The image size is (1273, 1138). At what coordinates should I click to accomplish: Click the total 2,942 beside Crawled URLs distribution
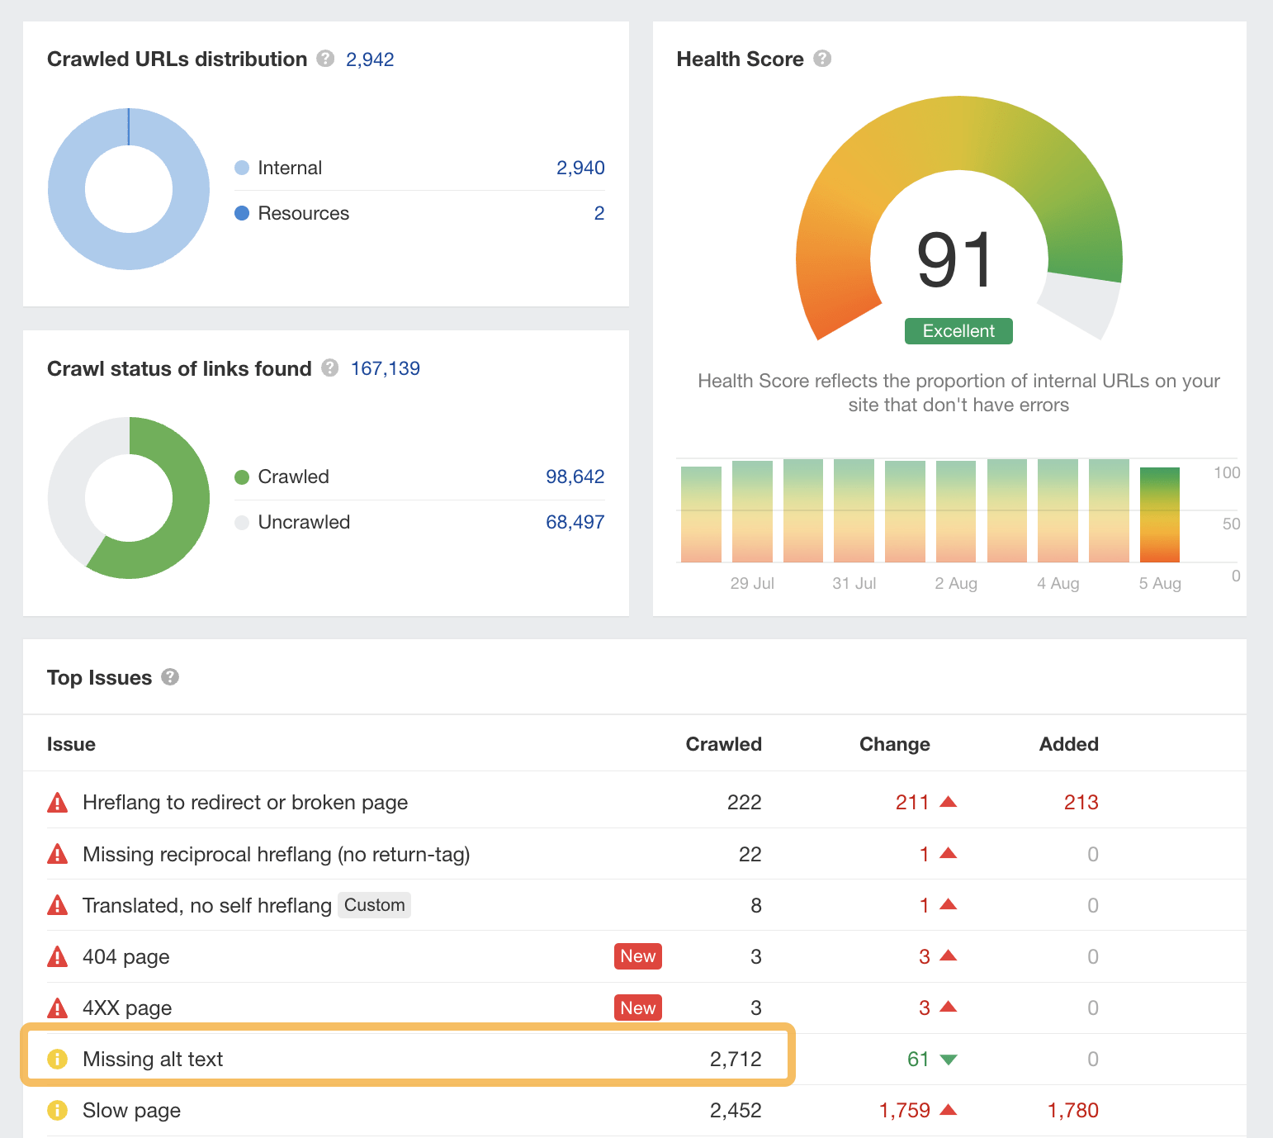[370, 59]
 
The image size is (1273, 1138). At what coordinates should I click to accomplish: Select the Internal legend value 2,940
[580, 168]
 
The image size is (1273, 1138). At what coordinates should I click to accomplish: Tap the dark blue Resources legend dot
[242, 213]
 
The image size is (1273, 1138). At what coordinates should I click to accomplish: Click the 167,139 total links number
[385, 368]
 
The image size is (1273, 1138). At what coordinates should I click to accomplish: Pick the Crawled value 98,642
[575, 477]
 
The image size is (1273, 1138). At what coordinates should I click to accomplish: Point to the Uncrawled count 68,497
[575, 522]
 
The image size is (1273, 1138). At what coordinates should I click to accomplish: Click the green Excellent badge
[958, 331]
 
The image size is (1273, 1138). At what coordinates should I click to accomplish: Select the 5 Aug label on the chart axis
[1159, 583]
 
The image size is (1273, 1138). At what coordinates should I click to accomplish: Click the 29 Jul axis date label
[751, 583]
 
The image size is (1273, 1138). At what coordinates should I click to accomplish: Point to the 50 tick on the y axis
[1231, 524]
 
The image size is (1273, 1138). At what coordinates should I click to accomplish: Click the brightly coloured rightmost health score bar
[1159, 514]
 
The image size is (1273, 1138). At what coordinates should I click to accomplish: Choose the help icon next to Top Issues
[170, 677]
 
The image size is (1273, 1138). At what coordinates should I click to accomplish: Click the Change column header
[894, 744]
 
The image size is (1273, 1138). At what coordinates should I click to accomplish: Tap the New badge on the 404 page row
[637, 956]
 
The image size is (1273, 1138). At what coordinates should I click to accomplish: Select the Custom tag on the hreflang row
[374, 905]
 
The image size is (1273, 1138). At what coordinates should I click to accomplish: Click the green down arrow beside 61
[949, 1060]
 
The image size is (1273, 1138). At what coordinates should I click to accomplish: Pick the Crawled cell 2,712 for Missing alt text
[735, 1059]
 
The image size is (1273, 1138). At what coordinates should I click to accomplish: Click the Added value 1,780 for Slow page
[1072, 1110]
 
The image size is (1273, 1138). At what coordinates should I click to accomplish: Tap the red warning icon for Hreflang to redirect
[58, 802]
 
